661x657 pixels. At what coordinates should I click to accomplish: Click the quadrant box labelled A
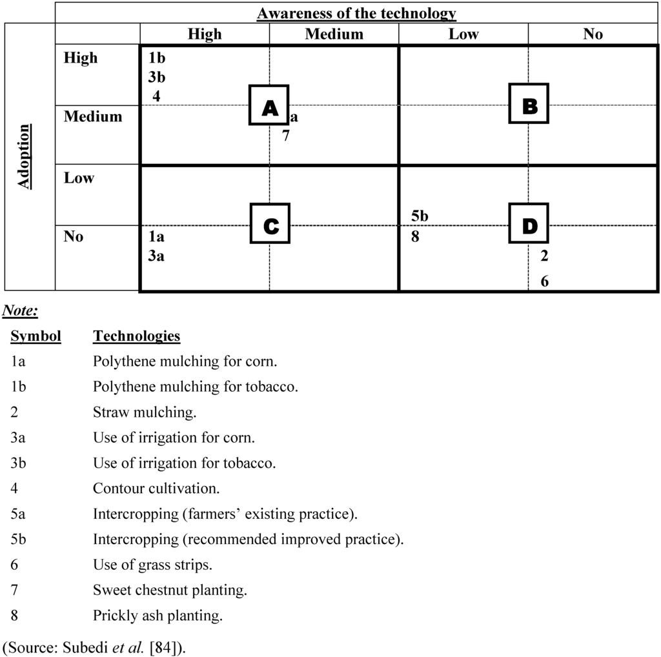270,104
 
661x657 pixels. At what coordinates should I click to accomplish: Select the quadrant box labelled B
529,103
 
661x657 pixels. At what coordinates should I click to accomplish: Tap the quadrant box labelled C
270,223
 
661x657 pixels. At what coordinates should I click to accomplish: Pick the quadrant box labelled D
529,223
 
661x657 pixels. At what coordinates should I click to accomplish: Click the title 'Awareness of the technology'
356,13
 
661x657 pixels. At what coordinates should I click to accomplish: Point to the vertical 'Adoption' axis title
24,157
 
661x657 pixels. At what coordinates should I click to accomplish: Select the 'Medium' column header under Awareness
334,34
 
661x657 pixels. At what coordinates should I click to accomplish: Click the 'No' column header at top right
593,34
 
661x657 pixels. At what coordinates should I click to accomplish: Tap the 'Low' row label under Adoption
79,178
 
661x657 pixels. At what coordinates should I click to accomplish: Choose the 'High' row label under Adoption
81,58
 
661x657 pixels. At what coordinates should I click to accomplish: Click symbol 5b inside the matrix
420,217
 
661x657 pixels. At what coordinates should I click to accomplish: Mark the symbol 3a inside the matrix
156,256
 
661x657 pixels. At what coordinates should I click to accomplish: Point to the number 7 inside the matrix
285,136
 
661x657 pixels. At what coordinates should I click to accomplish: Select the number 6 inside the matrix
545,281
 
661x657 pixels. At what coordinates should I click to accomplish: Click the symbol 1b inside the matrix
157,58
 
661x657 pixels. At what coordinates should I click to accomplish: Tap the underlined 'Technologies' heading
136,336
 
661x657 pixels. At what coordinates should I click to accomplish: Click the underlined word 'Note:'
20,312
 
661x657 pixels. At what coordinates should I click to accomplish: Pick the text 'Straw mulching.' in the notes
145,412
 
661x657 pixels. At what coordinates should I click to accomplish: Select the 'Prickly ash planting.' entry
158,616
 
